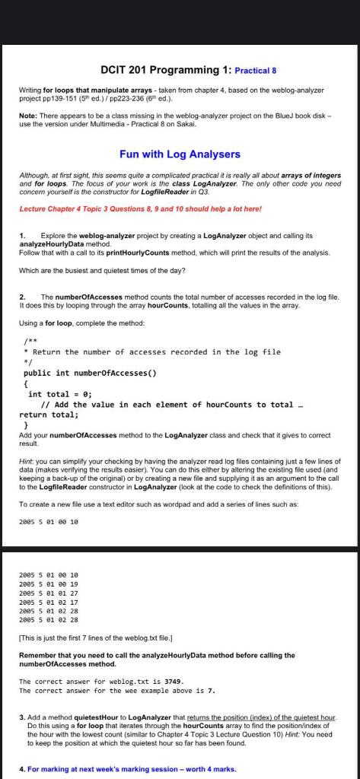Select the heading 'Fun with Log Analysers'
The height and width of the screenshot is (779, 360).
(180, 154)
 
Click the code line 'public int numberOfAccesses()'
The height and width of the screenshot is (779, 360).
(90, 374)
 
